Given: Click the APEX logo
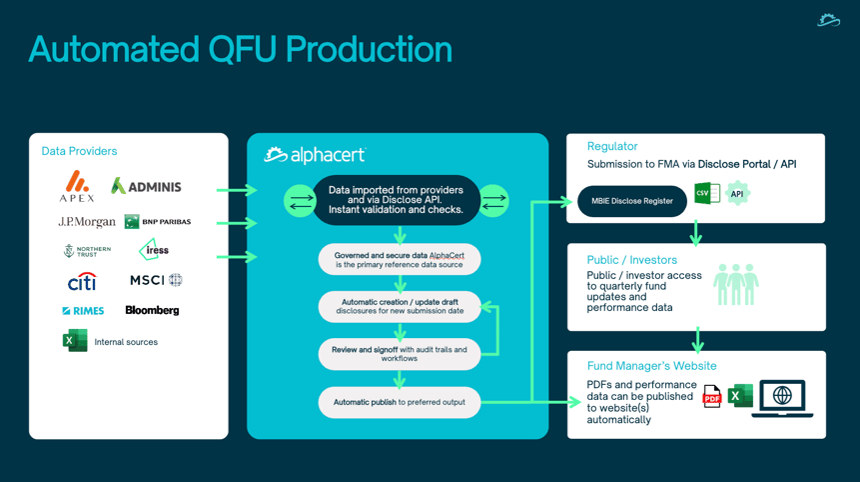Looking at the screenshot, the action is [x=77, y=186].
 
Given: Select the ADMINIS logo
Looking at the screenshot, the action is [x=146, y=187].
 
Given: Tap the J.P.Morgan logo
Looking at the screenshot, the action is [x=87, y=222].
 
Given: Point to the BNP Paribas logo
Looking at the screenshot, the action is [x=158, y=222].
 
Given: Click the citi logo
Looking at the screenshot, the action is [x=82, y=282].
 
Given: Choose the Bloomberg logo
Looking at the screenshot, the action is [x=152, y=310].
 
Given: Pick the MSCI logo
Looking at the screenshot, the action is [x=156, y=280].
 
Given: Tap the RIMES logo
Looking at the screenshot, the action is [x=83, y=311].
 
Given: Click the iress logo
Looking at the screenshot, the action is [x=154, y=250].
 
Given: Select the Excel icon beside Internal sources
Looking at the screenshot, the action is [x=75, y=340].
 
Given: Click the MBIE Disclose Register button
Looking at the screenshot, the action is [x=632, y=201].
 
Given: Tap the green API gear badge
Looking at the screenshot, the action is [x=737, y=194].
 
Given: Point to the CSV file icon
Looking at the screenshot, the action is [x=707, y=193].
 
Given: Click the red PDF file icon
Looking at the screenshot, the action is [x=712, y=396].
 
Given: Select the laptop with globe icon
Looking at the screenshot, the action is [x=782, y=399].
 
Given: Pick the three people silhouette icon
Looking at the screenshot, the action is [x=736, y=284].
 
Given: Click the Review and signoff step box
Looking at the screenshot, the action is [x=400, y=354].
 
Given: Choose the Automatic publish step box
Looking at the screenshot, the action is [x=400, y=402].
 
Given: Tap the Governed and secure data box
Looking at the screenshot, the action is [x=400, y=260].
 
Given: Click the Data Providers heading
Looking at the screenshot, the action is [x=80, y=151].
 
